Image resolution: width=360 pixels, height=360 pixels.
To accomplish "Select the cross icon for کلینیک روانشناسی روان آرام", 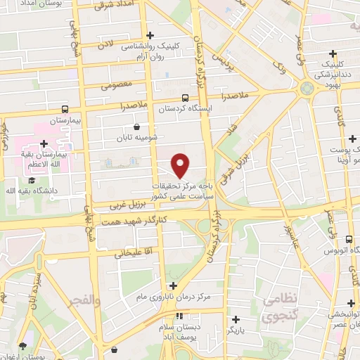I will point(149,34).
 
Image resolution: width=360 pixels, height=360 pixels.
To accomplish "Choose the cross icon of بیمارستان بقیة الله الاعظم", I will point(44,143).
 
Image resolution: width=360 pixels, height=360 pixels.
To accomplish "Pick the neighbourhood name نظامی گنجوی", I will point(281,308).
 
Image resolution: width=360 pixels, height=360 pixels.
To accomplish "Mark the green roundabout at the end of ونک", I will point(306,88).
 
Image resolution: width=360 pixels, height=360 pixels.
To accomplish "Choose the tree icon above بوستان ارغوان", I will point(22,345).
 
